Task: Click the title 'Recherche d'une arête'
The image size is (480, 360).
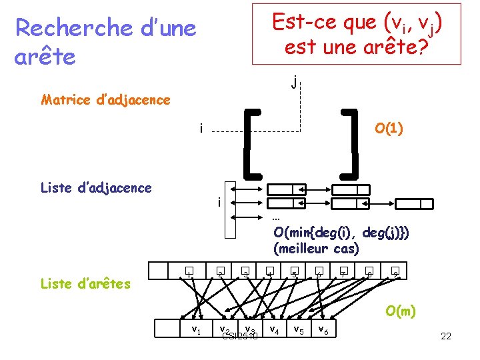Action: pyautogui.click(x=105, y=42)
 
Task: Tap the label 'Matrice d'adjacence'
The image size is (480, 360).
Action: pyautogui.click(x=105, y=100)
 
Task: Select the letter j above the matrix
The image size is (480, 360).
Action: pyautogui.click(x=294, y=83)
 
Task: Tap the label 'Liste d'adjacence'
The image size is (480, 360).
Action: pyautogui.click(x=96, y=187)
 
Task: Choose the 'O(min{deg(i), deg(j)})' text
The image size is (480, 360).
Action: pyautogui.click(x=341, y=232)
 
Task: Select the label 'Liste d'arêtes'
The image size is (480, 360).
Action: pyautogui.click(x=85, y=283)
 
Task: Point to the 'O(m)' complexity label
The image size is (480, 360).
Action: pyautogui.click(x=400, y=310)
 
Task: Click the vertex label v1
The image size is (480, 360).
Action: pyautogui.click(x=196, y=329)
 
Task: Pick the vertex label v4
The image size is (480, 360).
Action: pyautogui.click(x=273, y=329)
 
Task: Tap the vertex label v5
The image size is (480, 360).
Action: pyautogui.click(x=299, y=329)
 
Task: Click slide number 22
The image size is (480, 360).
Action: pyautogui.click(x=446, y=336)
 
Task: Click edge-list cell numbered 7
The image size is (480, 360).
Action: pyautogui.click(x=343, y=272)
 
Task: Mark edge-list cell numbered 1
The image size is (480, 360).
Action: pyautogui.click(x=190, y=272)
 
